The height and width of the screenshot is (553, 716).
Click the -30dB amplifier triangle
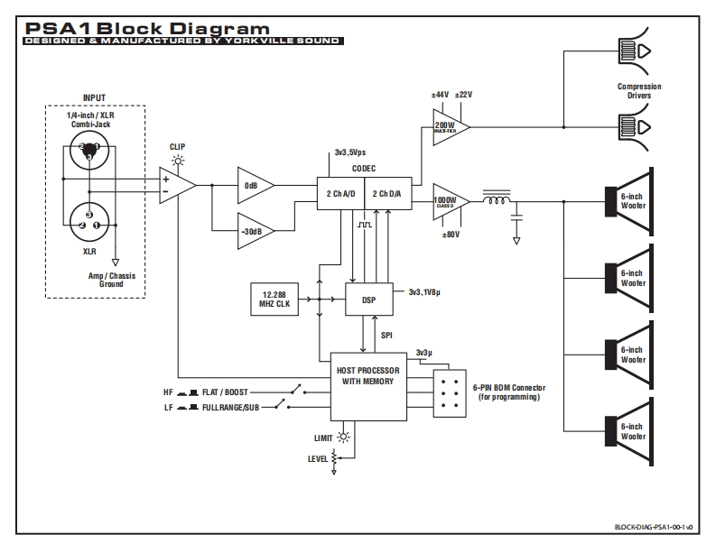click(x=254, y=230)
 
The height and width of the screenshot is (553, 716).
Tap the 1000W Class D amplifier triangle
click(x=449, y=201)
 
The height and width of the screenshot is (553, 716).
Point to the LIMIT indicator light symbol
click(x=342, y=438)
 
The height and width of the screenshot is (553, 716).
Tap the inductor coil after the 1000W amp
click(x=497, y=200)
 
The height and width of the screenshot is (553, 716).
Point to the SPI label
click(x=386, y=335)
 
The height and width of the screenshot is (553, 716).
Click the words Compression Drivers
click(x=639, y=91)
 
